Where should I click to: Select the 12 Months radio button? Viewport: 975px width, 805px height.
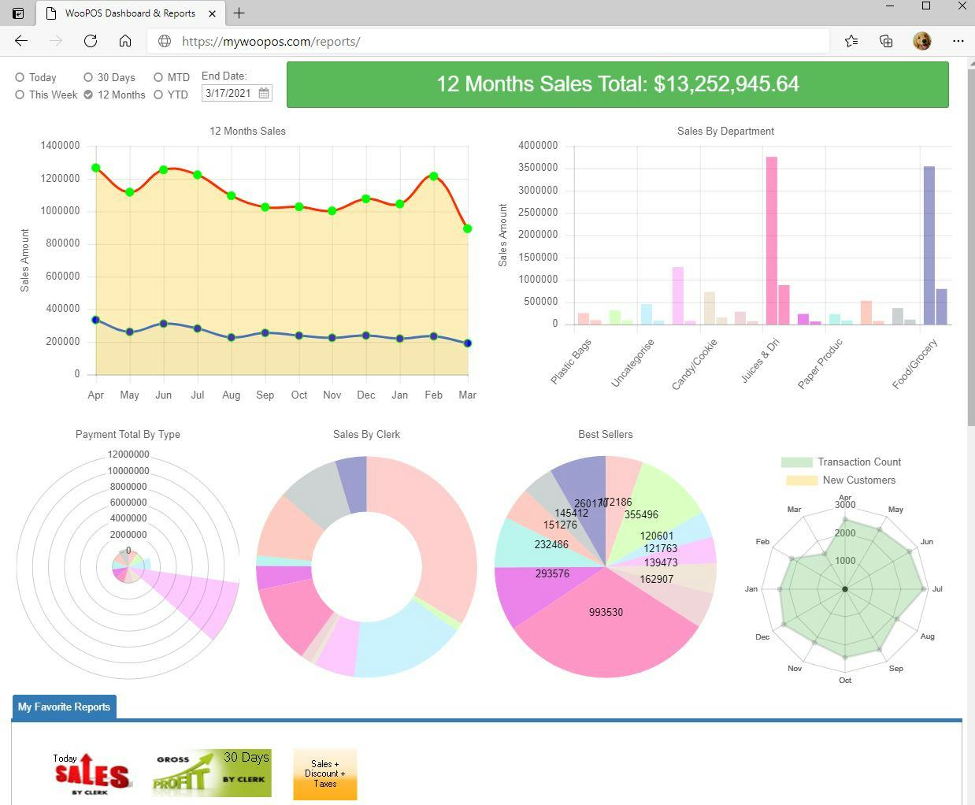(x=88, y=95)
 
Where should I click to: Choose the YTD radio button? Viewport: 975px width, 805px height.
(x=158, y=95)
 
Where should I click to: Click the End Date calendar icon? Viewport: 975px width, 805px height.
(x=264, y=93)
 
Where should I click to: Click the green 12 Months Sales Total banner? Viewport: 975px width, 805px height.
(x=617, y=84)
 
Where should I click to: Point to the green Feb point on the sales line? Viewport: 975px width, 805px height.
(x=434, y=176)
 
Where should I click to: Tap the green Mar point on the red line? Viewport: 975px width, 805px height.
(x=468, y=229)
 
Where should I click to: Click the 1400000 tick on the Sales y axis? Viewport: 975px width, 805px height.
(x=60, y=146)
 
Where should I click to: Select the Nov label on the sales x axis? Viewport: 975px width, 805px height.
(x=332, y=395)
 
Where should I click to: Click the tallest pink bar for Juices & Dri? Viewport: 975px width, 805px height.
(x=771, y=240)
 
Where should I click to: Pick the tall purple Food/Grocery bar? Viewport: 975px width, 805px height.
(x=929, y=245)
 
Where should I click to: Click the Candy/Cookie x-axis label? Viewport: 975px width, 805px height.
(x=695, y=364)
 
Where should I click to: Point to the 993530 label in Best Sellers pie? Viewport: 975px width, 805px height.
(x=606, y=612)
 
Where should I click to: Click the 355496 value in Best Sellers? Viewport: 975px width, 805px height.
(x=641, y=515)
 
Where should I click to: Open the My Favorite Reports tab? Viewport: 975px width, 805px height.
(x=64, y=707)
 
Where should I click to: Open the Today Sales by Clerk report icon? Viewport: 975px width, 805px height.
(x=91, y=773)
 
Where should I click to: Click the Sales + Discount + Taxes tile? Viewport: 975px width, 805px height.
(x=324, y=773)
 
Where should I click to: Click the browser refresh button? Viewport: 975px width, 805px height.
(x=91, y=41)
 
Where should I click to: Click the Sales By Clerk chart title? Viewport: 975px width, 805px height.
(x=366, y=434)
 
